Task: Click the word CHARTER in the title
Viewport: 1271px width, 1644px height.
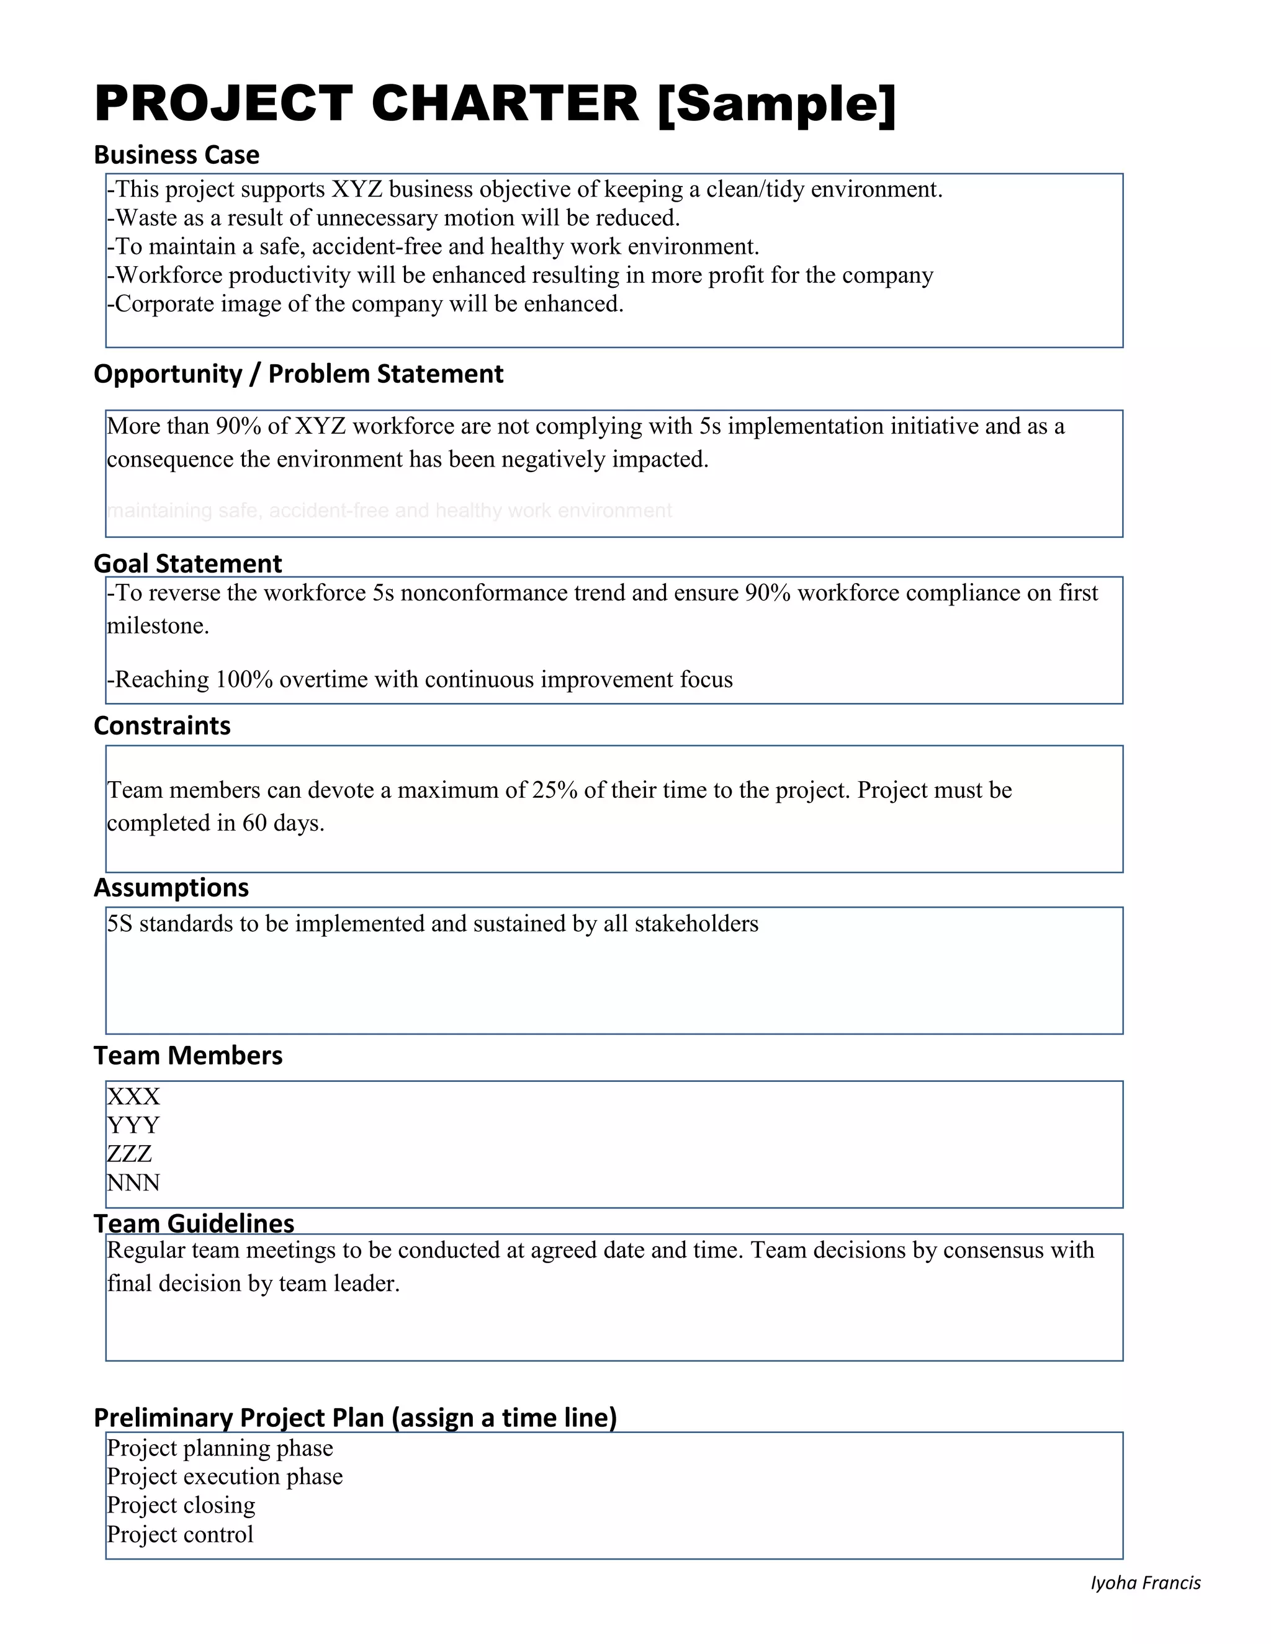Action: [505, 103]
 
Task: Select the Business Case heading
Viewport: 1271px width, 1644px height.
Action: [176, 155]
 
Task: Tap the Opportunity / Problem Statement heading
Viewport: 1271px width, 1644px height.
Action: [298, 374]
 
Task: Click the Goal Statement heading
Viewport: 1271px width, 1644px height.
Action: [187, 563]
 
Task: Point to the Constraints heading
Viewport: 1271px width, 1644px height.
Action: [162, 726]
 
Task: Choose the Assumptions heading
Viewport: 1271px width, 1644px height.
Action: [171, 888]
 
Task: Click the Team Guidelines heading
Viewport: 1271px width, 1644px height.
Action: [194, 1223]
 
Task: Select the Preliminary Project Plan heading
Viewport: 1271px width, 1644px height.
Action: [354, 1418]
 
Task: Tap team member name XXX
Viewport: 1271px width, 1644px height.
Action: [133, 1096]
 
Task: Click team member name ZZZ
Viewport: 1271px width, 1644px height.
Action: [130, 1153]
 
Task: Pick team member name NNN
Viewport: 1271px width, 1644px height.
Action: [133, 1182]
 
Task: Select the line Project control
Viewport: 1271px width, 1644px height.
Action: [180, 1534]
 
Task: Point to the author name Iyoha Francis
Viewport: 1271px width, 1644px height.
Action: [1145, 1583]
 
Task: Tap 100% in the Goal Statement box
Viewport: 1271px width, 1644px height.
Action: [244, 680]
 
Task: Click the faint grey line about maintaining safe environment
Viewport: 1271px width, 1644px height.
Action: [389, 511]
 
